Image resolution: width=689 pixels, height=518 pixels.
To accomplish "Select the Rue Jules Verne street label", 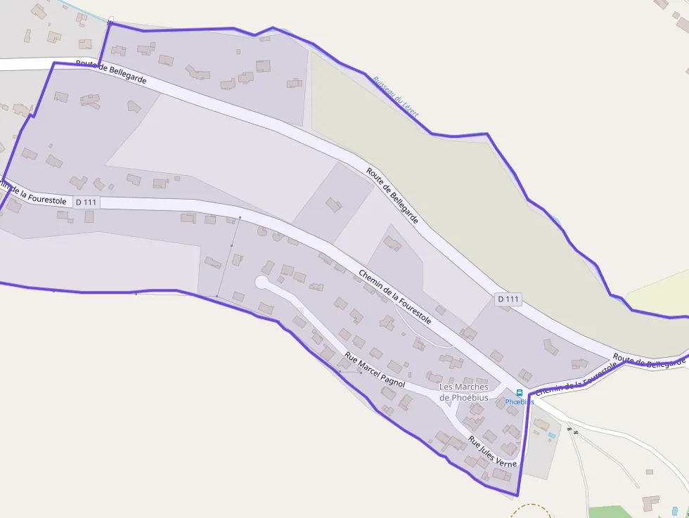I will [x=492, y=453].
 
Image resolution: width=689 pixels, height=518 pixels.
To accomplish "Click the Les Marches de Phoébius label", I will [x=464, y=392].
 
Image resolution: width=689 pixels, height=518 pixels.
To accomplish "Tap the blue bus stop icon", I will [x=520, y=393].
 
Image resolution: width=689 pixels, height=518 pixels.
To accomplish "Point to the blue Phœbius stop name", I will [x=520, y=402].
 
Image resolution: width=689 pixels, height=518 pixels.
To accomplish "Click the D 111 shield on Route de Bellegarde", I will [x=508, y=299].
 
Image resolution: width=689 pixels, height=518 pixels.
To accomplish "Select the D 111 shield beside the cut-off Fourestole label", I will [x=86, y=202].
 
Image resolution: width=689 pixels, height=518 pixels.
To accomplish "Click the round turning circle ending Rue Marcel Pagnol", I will [x=262, y=283].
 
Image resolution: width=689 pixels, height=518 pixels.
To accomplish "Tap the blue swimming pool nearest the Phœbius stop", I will [x=551, y=436].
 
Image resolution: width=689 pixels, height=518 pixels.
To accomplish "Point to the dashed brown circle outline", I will [x=531, y=510].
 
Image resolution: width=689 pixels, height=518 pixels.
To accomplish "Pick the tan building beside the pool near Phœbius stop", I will [x=541, y=425].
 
